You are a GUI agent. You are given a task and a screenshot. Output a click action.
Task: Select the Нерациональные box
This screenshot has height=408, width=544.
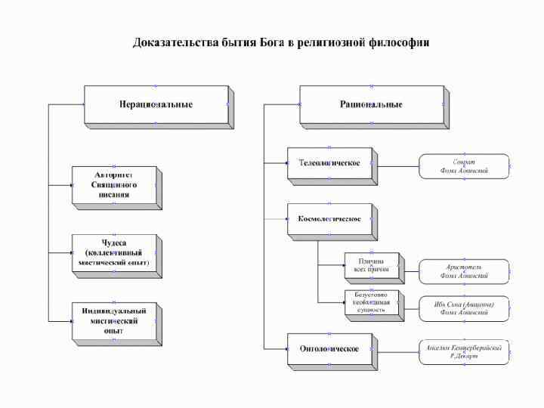pyautogui.click(x=156, y=104)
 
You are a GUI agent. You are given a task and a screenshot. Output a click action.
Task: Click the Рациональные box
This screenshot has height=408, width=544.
pyautogui.click(x=371, y=104)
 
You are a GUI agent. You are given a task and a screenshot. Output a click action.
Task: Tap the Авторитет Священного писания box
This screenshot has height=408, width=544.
pyautogui.click(x=114, y=185)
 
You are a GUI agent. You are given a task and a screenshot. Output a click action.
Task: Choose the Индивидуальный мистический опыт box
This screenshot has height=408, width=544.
pyautogui.click(x=114, y=320)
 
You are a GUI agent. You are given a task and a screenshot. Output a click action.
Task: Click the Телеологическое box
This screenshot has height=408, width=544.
pyautogui.click(x=329, y=163)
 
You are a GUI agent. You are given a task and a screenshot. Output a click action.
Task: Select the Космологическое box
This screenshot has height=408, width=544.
pyautogui.click(x=329, y=219)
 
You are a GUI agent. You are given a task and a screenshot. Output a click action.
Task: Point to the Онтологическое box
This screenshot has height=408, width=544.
pyautogui.click(x=329, y=348)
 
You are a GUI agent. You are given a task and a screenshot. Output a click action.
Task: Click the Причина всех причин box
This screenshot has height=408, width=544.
pyautogui.click(x=370, y=265)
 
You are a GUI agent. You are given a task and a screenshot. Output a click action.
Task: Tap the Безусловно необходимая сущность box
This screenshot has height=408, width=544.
pyautogui.click(x=370, y=302)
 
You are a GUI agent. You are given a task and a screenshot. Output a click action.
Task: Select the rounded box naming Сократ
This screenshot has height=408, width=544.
pyautogui.click(x=464, y=166)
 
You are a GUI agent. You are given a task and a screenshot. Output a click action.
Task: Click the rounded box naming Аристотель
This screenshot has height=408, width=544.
pyautogui.click(x=464, y=271)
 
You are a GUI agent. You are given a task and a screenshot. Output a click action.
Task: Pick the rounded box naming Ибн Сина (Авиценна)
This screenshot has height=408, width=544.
pyautogui.click(x=464, y=308)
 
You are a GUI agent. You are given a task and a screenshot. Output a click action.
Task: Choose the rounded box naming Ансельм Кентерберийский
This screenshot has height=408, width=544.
pyautogui.click(x=464, y=351)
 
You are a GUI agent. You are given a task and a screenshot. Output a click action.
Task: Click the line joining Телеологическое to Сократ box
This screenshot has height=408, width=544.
pyautogui.click(x=397, y=164)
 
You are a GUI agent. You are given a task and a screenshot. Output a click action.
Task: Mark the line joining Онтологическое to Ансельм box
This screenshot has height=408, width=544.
pyautogui.click(x=397, y=349)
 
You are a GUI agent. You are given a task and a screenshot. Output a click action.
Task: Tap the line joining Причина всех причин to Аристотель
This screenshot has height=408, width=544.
pyautogui.click(x=409, y=266)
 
